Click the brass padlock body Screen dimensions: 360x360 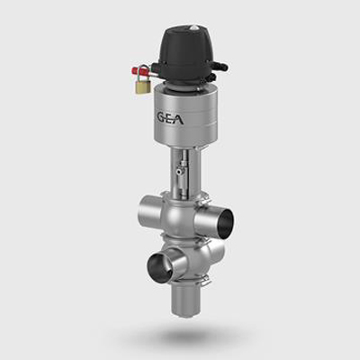click(141, 87)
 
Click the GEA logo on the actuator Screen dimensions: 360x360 click(169, 117)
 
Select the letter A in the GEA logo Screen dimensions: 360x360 click(179, 118)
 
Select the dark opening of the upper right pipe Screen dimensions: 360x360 click(225, 222)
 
